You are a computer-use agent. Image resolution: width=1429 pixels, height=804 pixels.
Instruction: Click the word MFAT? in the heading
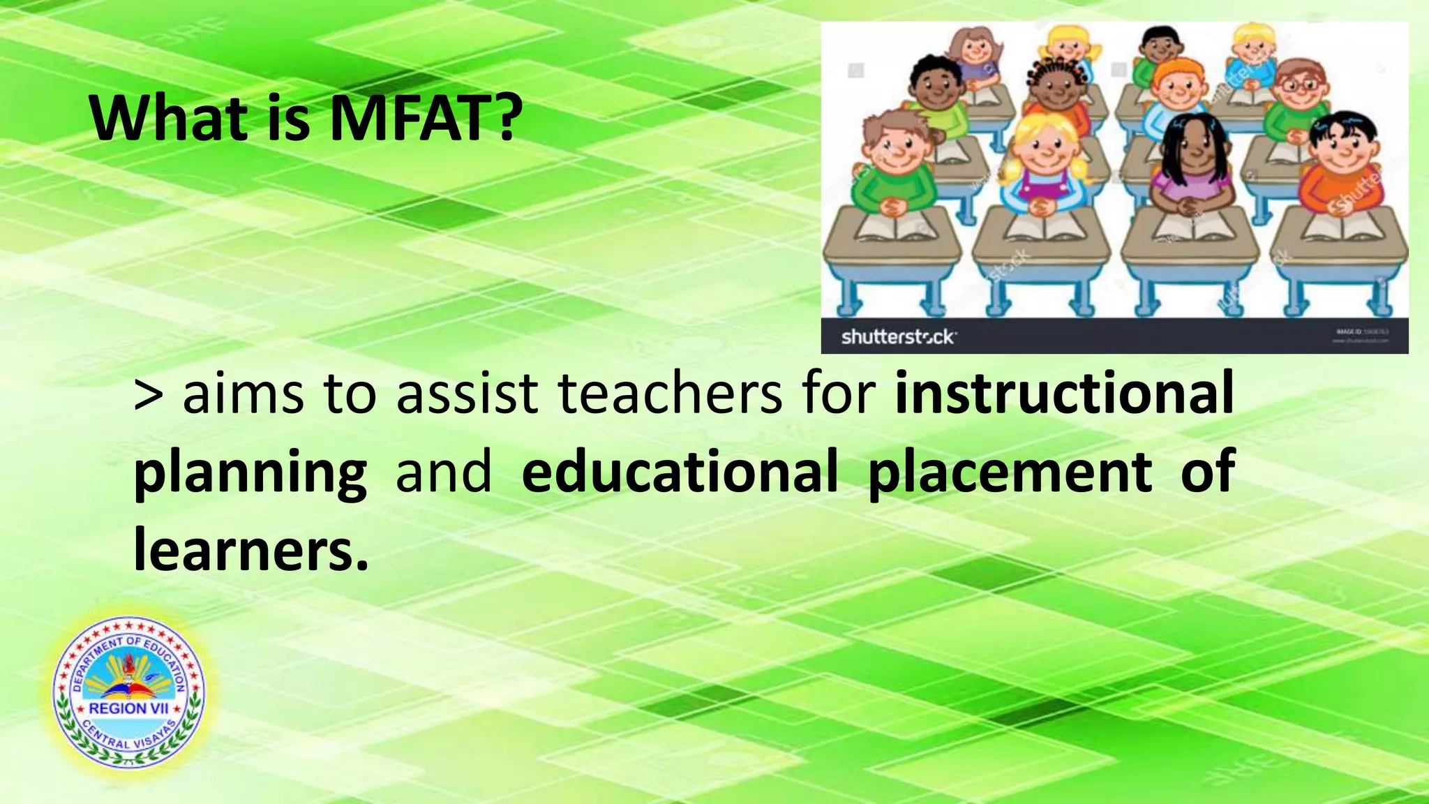click(426, 119)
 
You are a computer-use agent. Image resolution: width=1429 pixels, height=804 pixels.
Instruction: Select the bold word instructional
click(1065, 393)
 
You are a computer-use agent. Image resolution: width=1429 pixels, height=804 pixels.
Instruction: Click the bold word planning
click(250, 473)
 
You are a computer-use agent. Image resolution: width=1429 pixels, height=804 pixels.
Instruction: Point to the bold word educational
click(680, 472)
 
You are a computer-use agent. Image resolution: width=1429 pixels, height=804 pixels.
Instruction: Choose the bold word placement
click(1010, 473)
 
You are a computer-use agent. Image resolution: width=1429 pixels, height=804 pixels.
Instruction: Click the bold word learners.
click(250, 550)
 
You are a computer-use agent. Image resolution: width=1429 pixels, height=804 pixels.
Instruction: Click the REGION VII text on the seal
click(128, 708)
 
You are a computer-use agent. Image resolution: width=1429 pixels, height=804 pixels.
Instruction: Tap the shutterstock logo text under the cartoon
click(898, 337)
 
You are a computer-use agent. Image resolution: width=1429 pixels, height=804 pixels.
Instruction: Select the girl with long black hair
click(1194, 164)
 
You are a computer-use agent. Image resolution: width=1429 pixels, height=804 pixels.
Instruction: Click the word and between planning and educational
click(443, 472)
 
